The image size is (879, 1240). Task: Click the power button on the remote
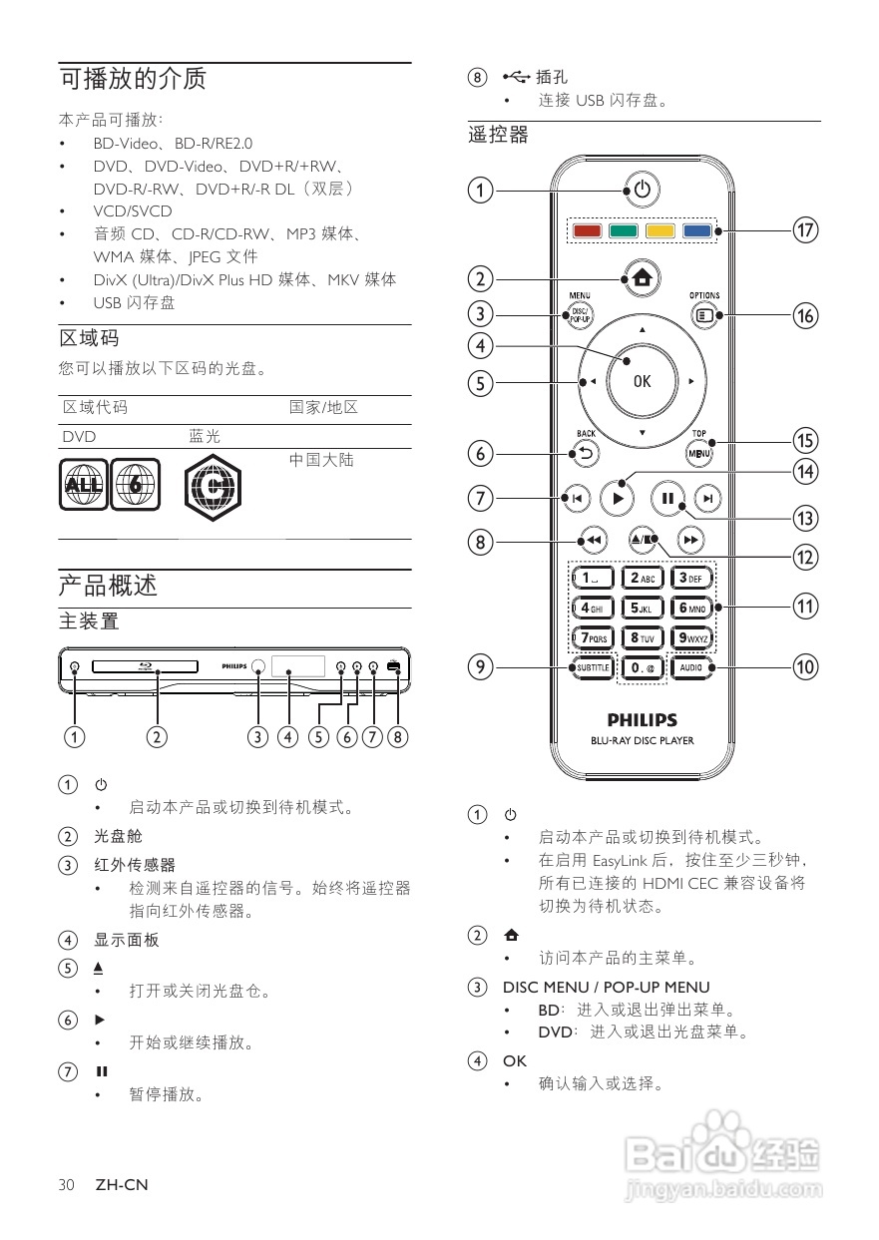(x=642, y=189)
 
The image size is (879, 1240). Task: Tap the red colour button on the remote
(x=588, y=231)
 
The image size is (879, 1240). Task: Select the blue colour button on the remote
(x=696, y=231)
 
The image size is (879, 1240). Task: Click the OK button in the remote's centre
(x=642, y=381)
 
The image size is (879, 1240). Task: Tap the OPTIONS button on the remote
(x=705, y=316)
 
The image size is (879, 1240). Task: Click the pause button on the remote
(x=666, y=498)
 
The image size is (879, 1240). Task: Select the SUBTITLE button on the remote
(x=592, y=667)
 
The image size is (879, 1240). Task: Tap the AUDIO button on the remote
(x=691, y=667)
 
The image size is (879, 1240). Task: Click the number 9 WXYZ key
(x=691, y=637)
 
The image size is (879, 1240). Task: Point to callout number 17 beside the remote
(x=805, y=230)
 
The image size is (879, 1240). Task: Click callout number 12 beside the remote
(x=805, y=557)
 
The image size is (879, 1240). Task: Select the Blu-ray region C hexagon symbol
(x=214, y=487)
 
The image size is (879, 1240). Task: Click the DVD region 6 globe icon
(x=135, y=485)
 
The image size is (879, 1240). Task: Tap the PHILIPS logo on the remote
(x=642, y=719)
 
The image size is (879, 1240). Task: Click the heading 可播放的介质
(x=133, y=79)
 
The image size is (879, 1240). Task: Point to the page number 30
(x=67, y=1185)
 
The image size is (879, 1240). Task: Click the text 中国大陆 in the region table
(x=321, y=460)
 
